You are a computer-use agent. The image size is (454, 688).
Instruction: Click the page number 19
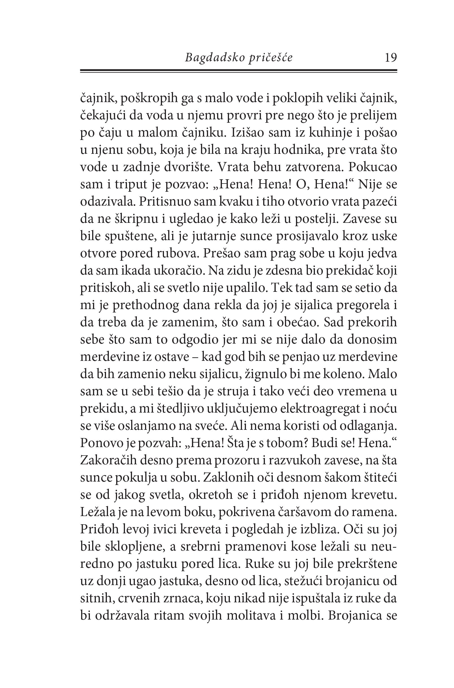tap(391, 58)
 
